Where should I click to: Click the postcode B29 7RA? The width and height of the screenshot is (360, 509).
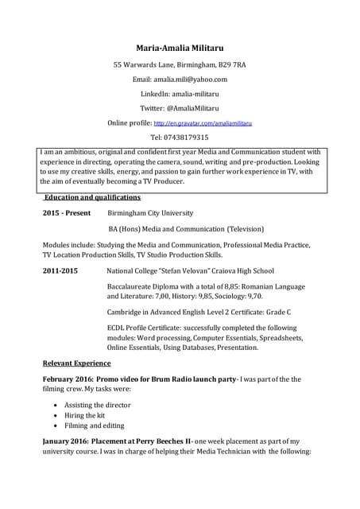pyautogui.click(x=230, y=64)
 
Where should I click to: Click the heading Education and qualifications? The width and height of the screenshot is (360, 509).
pyautogui.click(x=92, y=197)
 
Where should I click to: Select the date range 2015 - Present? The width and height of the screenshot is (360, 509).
pyautogui.click(x=66, y=214)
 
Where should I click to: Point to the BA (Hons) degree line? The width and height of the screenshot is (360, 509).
pyautogui.click(x=181, y=229)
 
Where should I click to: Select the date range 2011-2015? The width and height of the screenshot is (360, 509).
pyautogui.click(x=60, y=271)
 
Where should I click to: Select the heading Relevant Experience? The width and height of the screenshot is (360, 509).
pyautogui.click(x=76, y=363)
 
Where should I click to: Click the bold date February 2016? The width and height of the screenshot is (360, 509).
pyautogui.click(x=67, y=379)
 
